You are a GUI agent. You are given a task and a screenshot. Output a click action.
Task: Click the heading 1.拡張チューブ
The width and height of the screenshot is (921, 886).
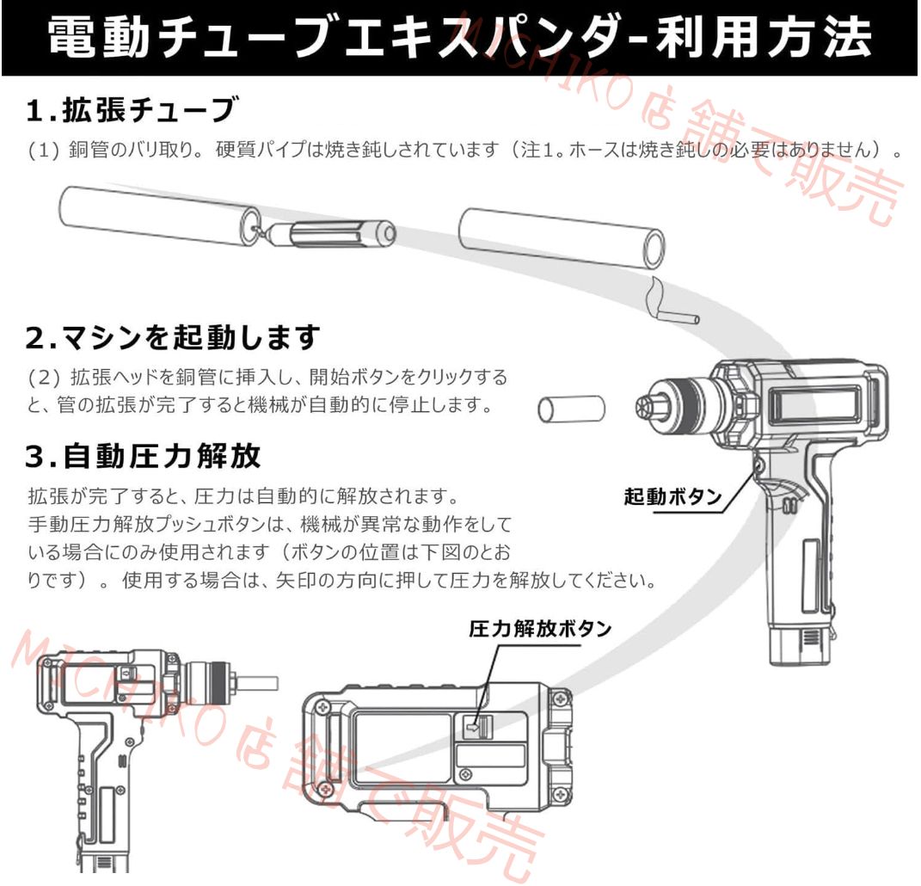click(129, 111)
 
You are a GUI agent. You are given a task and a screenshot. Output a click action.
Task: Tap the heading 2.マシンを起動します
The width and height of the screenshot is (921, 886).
click(172, 337)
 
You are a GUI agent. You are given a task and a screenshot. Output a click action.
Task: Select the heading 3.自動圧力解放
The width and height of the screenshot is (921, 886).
click(143, 457)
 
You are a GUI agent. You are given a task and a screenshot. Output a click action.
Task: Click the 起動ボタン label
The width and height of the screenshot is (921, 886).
click(672, 497)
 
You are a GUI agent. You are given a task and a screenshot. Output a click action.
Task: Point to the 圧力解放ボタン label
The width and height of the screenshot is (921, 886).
click(540, 629)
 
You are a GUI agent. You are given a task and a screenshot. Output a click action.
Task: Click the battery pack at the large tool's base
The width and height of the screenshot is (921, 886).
click(800, 644)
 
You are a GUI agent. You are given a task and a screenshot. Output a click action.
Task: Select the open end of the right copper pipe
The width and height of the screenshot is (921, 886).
click(654, 249)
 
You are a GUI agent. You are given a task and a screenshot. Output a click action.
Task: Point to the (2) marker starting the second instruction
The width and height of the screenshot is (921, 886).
click(39, 378)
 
